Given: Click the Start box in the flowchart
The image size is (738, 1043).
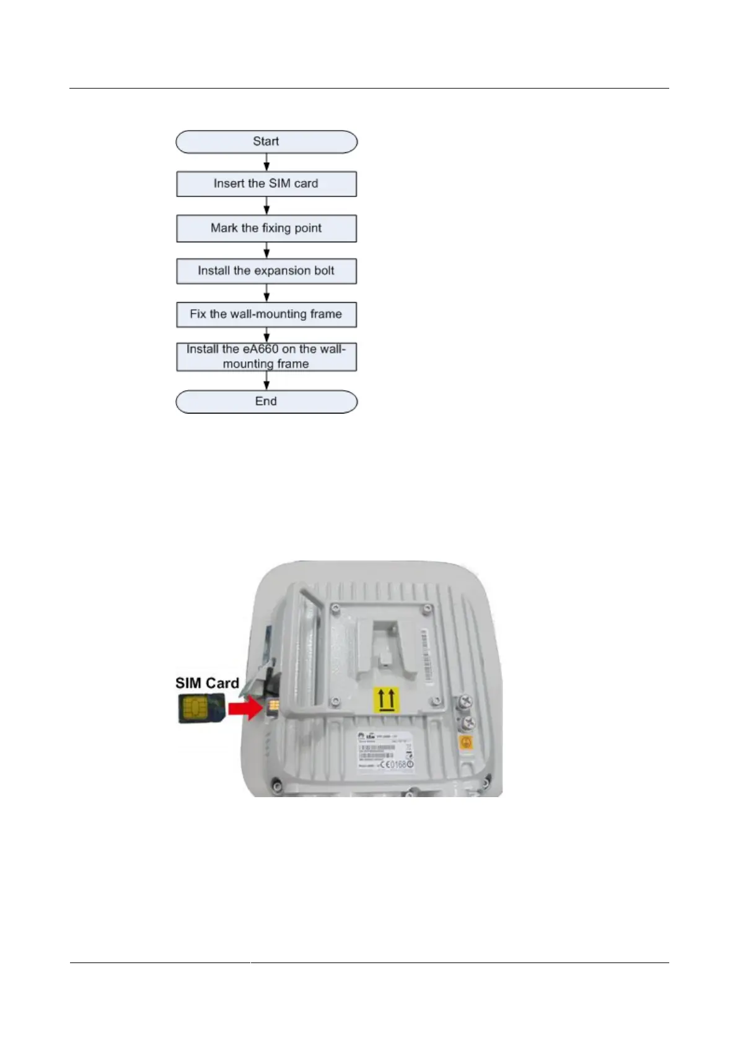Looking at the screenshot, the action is click(266, 142).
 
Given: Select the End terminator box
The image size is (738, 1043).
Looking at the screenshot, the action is click(266, 401).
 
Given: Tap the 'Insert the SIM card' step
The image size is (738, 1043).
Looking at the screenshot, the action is click(266, 184).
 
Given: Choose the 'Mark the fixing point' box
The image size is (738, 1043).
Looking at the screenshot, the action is click(266, 228).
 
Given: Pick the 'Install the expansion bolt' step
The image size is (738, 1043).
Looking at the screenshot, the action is click(266, 271).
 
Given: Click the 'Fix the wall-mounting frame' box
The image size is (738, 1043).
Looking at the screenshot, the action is click(266, 315).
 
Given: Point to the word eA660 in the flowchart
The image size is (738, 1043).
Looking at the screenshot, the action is click(260, 349).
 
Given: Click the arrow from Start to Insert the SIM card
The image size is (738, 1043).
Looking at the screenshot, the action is click(266, 162).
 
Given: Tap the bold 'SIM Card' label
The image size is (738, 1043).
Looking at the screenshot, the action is click(207, 683).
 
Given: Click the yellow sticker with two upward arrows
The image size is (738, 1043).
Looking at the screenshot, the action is click(387, 700).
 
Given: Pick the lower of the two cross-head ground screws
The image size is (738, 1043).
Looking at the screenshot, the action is click(468, 721).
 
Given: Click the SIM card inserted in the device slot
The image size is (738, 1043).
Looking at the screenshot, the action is click(271, 707).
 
